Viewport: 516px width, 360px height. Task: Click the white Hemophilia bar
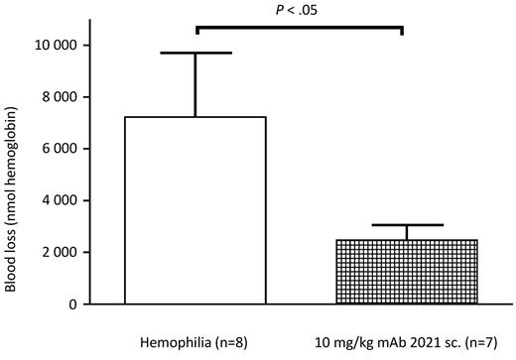(x=195, y=209)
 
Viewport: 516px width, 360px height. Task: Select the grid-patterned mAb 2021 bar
(x=402, y=271)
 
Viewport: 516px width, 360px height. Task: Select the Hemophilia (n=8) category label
(x=194, y=343)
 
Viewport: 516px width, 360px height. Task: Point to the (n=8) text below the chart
(x=231, y=343)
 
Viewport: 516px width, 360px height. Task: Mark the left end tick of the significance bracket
(x=196, y=31)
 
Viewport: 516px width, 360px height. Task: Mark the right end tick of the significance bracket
(x=402, y=31)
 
